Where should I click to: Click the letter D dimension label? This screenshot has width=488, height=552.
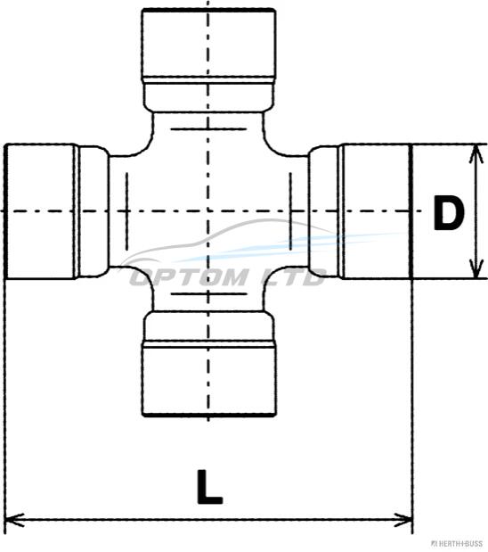(449, 212)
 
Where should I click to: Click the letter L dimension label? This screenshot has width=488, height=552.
(209, 487)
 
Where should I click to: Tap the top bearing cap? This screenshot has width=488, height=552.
(208, 45)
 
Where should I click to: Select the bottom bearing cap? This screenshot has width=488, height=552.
(208, 378)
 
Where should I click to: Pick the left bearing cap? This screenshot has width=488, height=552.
(41, 211)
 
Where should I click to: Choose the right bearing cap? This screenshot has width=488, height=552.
(377, 211)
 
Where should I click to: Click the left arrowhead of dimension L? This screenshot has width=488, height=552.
(15, 520)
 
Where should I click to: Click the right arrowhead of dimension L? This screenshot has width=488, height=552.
(403, 520)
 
